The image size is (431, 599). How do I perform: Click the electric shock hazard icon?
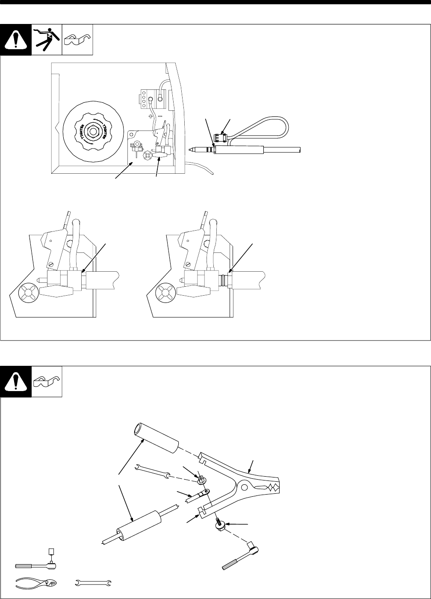tap(47, 40)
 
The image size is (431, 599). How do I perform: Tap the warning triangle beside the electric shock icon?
tap(16, 40)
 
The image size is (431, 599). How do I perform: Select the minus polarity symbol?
tap(159, 116)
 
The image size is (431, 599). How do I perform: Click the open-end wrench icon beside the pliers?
tap(93, 581)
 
